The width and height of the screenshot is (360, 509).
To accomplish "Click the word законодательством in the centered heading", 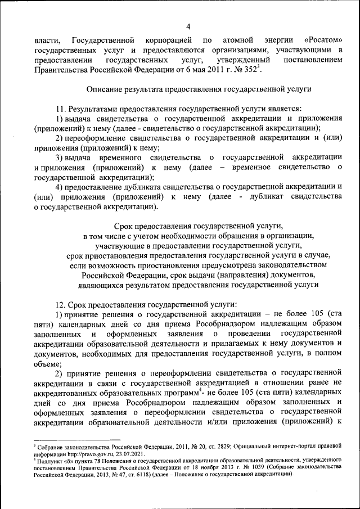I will coord(293,264).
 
